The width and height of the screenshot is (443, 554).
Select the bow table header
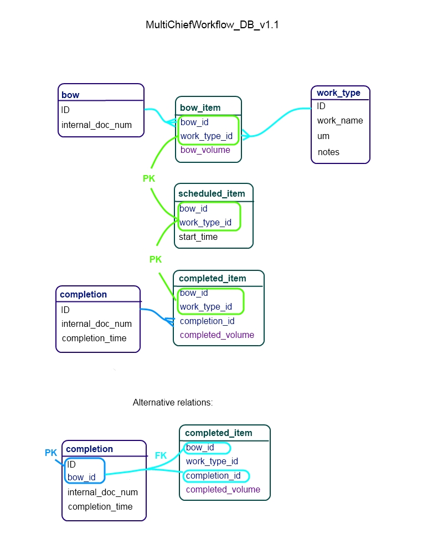pyautogui.click(x=70, y=95)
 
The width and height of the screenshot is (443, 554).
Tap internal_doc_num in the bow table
pyautogui.click(x=96, y=125)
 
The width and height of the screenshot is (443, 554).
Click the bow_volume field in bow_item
pyautogui.click(x=205, y=150)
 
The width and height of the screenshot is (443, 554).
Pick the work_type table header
pyautogui.click(x=338, y=93)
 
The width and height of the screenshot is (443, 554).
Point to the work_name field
pyautogui.click(x=340, y=120)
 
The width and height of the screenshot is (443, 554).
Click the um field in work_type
pyautogui.click(x=323, y=136)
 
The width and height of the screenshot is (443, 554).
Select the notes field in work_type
pyautogui.click(x=328, y=152)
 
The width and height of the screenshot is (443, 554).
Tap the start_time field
pyautogui.click(x=198, y=237)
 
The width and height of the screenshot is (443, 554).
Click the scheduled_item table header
pyautogui.click(x=212, y=193)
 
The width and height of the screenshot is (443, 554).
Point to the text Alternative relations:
pyautogui.click(x=173, y=403)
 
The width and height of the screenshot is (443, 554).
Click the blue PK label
pyautogui.click(x=51, y=453)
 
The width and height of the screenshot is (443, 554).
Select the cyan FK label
pyautogui.click(x=161, y=455)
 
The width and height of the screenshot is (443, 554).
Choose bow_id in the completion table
pyautogui.click(x=81, y=477)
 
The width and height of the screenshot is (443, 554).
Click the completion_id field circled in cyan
pyautogui.click(x=213, y=475)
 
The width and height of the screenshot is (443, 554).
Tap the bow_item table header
pyautogui.click(x=200, y=107)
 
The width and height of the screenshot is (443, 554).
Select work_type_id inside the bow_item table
pyautogui.click(x=206, y=136)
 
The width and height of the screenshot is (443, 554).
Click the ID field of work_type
pyautogui.click(x=321, y=106)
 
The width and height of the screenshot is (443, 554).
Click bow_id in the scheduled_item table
pyautogui.click(x=193, y=209)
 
